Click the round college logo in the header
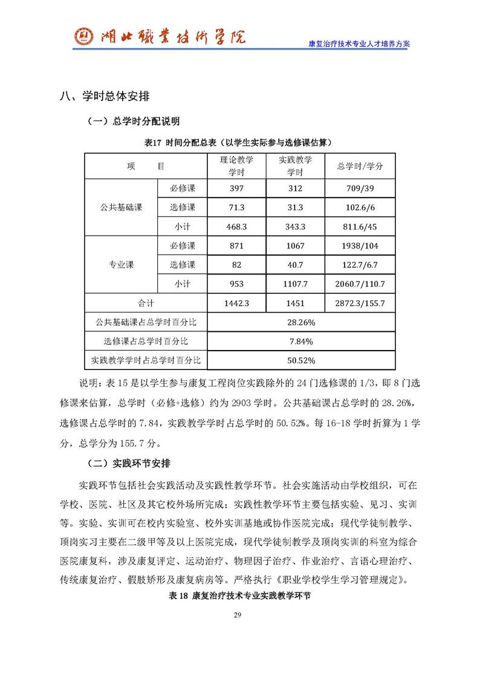pos(83,38)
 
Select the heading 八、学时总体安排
pos(104,96)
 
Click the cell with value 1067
pos(295,246)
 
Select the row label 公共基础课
pos(121,207)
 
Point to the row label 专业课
pos(121,265)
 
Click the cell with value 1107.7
pos(295,284)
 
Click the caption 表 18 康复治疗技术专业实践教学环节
pos(239,596)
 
